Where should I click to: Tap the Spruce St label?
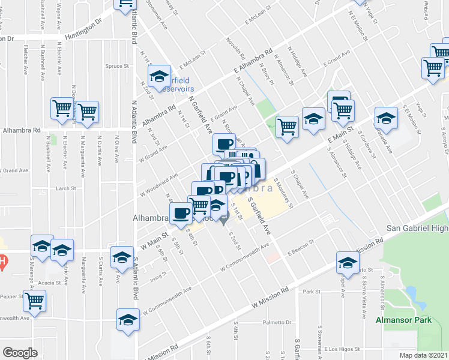[x=115, y=67]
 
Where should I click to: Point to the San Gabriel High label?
[x=417, y=228]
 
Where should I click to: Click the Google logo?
[x=20, y=353]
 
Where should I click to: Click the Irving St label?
[x=158, y=277]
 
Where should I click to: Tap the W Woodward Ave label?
[x=159, y=185]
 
